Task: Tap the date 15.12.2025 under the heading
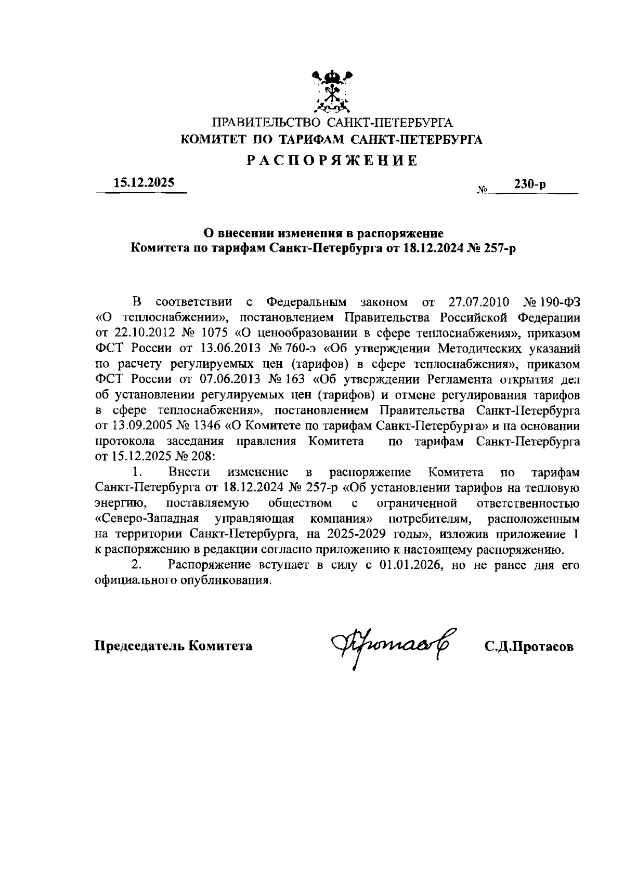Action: (145, 183)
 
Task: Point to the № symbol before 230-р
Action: (482, 191)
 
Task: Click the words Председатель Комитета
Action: (173, 646)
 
